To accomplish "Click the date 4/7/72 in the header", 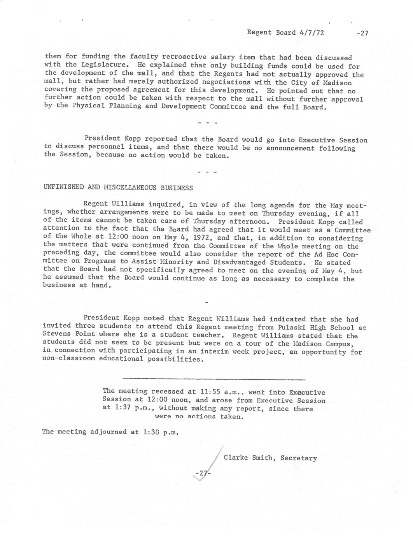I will (x=312, y=32).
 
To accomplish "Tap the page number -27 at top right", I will (x=362, y=33).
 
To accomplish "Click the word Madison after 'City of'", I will (x=338, y=82).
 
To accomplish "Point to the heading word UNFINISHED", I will (x=64, y=187).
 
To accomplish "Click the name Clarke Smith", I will (x=248, y=458).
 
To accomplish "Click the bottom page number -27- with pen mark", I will (x=202, y=473).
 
